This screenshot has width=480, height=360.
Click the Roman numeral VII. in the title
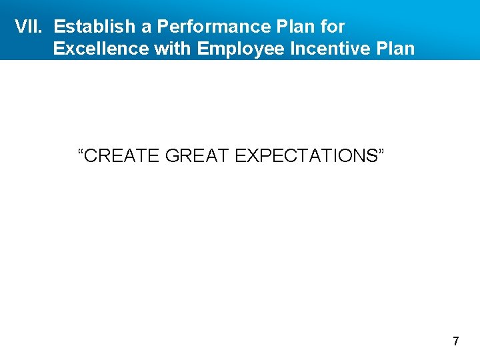tap(29, 27)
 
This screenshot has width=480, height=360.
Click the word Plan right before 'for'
tap(295, 27)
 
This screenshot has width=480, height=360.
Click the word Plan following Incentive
tap(396, 49)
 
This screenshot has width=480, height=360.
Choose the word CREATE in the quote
tap(123, 156)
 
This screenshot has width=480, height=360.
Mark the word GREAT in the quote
tap(197, 156)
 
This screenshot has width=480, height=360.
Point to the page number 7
tap(456, 342)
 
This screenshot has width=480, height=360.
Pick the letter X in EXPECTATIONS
tap(251, 156)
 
